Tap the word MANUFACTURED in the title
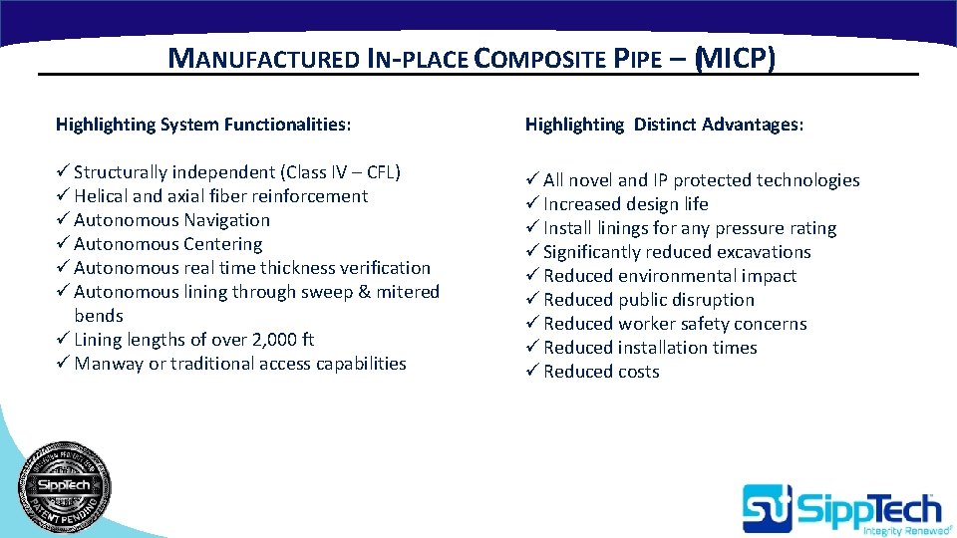(x=262, y=59)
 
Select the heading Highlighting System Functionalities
(x=203, y=125)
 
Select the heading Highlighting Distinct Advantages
(x=664, y=125)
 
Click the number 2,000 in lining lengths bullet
(x=270, y=340)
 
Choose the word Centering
(x=223, y=244)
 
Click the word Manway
(x=109, y=364)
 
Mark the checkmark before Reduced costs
(x=531, y=372)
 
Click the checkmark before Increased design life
(x=531, y=204)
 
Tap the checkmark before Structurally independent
(x=62, y=172)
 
